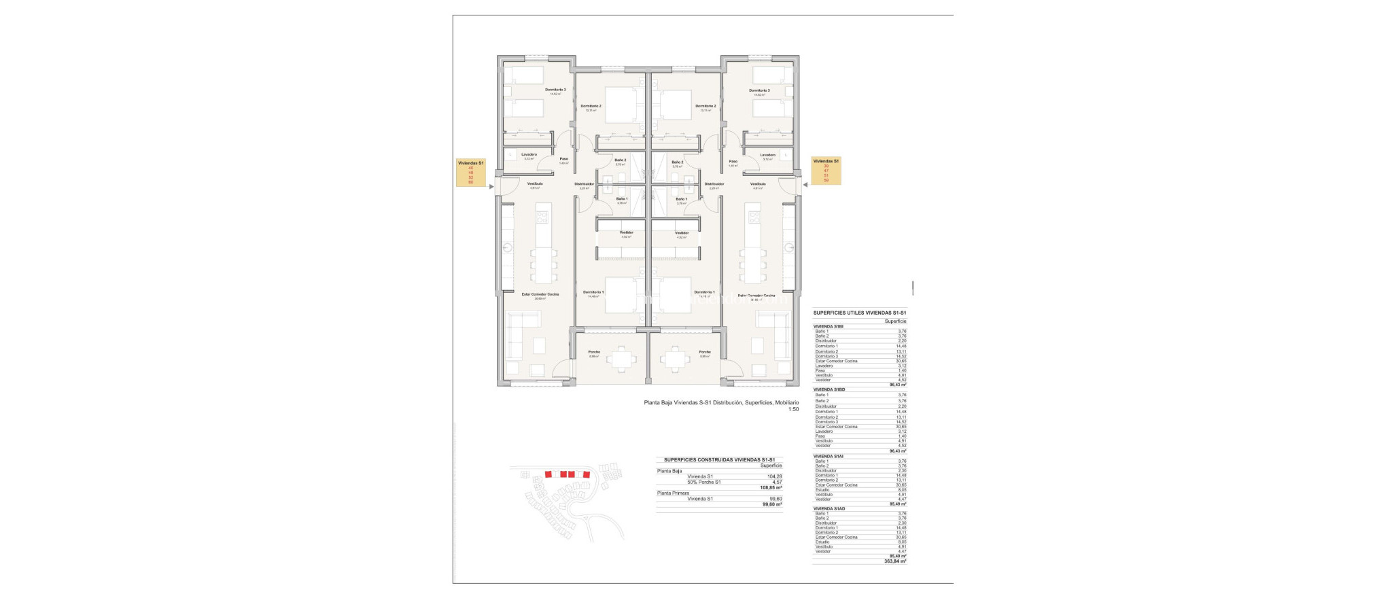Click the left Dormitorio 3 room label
[555, 90]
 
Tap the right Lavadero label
[767, 155]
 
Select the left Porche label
[594, 352]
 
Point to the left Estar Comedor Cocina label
[540, 294]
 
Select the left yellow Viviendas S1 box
[471, 173]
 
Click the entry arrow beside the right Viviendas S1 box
[804, 183]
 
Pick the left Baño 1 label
[621, 199]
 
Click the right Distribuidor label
[714, 184]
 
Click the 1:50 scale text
[793, 410]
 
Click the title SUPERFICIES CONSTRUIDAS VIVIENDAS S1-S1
[718, 459]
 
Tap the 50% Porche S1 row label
[703, 482]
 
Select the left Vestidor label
[626, 232]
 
